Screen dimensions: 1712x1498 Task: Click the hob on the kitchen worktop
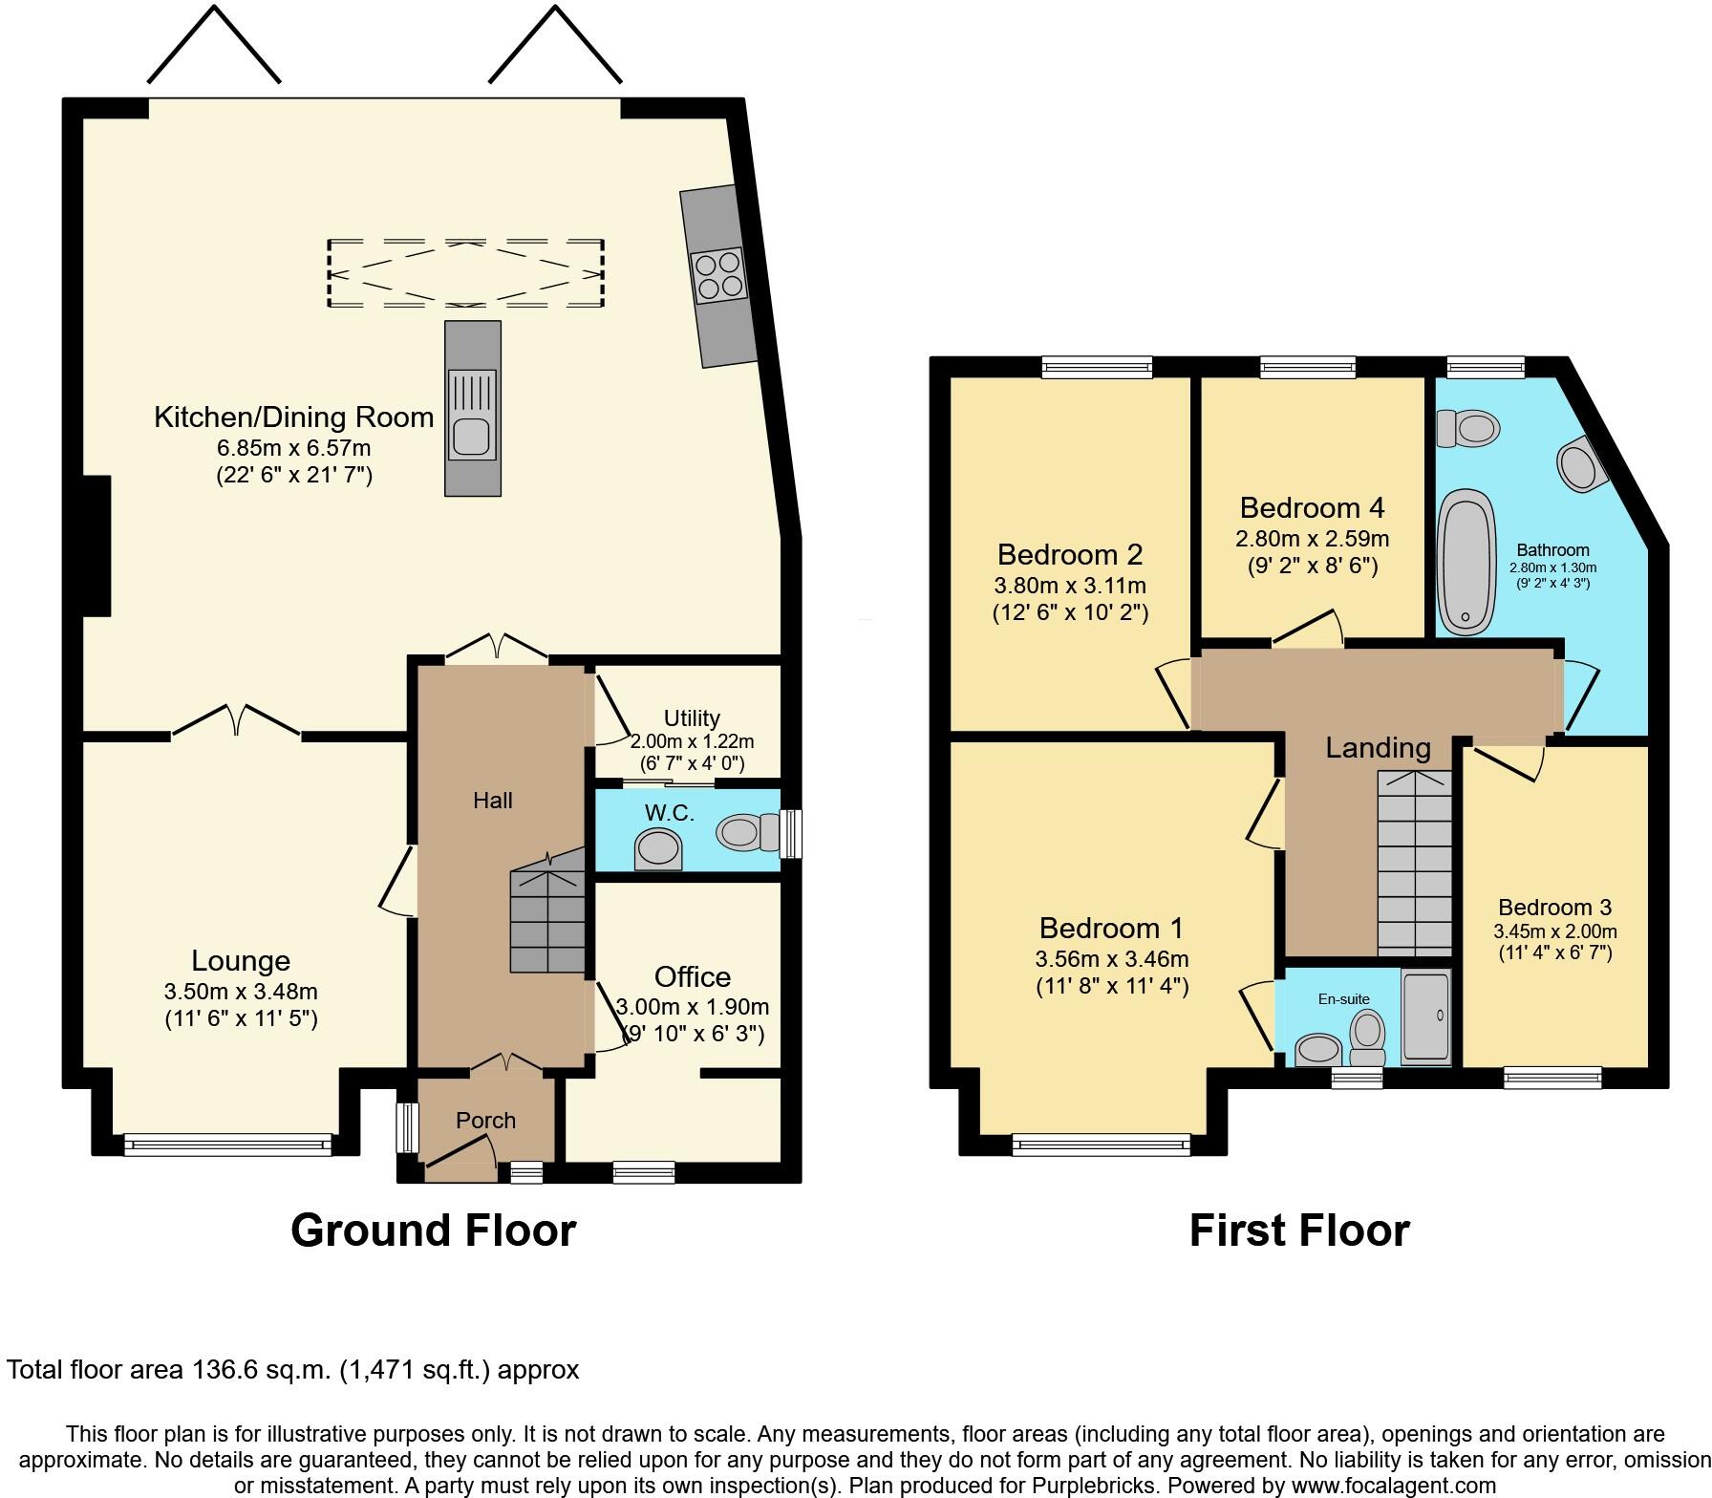click(x=717, y=274)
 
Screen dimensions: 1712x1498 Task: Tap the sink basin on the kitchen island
click(x=472, y=437)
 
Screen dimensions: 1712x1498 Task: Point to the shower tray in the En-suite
click(x=1425, y=1016)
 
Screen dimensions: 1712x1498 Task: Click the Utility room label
click(x=692, y=717)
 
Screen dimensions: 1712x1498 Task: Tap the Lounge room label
click(x=241, y=961)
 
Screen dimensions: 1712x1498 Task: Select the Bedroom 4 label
click(x=1312, y=507)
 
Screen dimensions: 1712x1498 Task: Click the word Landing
click(x=1378, y=748)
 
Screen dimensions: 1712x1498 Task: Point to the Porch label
click(x=485, y=1120)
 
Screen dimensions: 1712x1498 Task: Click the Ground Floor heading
click(x=433, y=1230)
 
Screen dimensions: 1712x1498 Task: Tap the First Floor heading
click(x=1299, y=1230)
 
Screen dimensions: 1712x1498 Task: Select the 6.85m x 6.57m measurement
click(x=294, y=447)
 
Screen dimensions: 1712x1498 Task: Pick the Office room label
click(x=693, y=976)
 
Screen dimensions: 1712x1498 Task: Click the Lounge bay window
click(x=227, y=1143)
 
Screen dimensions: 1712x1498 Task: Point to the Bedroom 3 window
click(x=1552, y=1077)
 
